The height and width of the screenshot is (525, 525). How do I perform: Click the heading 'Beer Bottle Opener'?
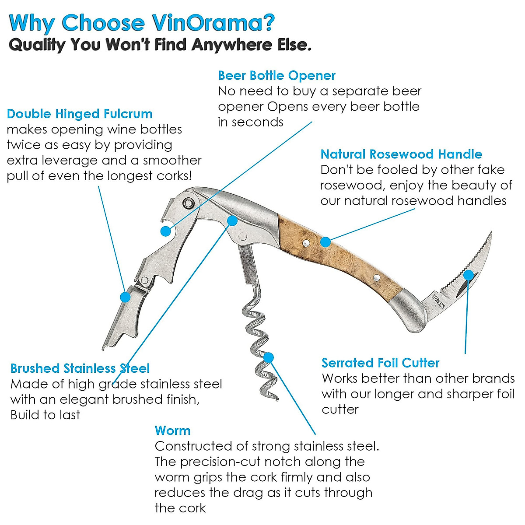(x=276, y=76)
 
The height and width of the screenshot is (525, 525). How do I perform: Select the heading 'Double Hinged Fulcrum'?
(x=80, y=114)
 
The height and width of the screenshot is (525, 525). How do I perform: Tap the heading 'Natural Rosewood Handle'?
(x=401, y=154)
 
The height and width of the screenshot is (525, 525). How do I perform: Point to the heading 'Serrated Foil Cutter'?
(x=380, y=363)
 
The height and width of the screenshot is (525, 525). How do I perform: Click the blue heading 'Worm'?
(x=172, y=430)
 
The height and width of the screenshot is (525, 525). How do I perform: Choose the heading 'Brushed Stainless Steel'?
(x=80, y=368)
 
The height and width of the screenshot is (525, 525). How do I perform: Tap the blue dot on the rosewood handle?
(x=325, y=241)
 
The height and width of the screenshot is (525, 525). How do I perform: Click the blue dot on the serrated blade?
(x=468, y=275)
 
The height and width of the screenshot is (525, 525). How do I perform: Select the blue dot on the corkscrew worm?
(x=269, y=357)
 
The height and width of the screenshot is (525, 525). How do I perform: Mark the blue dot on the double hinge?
(x=126, y=297)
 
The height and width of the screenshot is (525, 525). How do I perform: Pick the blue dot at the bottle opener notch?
(x=166, y=231)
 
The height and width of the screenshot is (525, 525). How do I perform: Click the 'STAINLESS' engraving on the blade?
(x=438, y=301)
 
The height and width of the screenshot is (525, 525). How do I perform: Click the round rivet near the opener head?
(x=189, y=203)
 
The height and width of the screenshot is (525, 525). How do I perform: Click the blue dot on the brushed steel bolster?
(x=232, y=220)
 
